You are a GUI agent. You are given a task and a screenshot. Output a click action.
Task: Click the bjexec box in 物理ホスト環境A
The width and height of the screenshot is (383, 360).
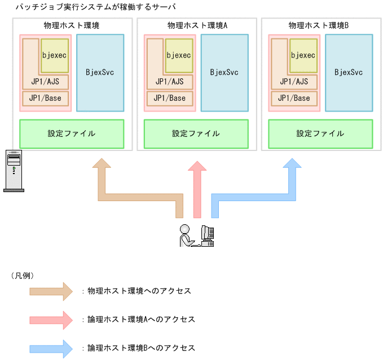coord(179,56)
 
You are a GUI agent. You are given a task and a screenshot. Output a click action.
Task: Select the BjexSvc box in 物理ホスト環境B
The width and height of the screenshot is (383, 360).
coord(349,73)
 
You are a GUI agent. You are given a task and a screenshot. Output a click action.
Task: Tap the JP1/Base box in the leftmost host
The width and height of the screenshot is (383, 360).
coord(45,99)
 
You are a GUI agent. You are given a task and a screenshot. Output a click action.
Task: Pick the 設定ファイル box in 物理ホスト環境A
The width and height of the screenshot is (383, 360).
coord(196,134)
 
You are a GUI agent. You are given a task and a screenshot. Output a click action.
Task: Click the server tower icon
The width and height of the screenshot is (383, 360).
coord(14,171)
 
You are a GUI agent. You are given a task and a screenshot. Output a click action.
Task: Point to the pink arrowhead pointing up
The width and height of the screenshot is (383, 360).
coord(197,168)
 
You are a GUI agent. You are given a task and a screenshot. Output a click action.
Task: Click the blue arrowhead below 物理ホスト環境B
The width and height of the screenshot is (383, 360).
coord(292,167)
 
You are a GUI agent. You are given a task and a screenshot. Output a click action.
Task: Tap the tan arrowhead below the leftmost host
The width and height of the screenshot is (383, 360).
coord(102,167)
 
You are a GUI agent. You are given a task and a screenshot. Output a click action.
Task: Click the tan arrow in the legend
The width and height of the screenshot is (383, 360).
coord(51,291)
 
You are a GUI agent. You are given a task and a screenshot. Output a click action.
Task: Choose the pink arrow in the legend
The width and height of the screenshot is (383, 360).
coord(51,319)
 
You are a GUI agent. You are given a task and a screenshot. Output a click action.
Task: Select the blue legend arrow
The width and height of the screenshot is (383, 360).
coord(51,348)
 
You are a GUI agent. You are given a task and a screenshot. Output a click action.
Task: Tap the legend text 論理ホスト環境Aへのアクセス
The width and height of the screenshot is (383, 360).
coord(141,319)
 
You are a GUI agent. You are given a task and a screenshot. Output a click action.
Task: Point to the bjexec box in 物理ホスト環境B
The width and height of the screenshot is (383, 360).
coord(303,56)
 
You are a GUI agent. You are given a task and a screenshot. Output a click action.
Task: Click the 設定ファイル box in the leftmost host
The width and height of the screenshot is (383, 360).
coord(72,134)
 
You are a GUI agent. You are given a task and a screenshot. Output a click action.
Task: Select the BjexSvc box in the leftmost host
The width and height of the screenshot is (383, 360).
coord(100,73)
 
